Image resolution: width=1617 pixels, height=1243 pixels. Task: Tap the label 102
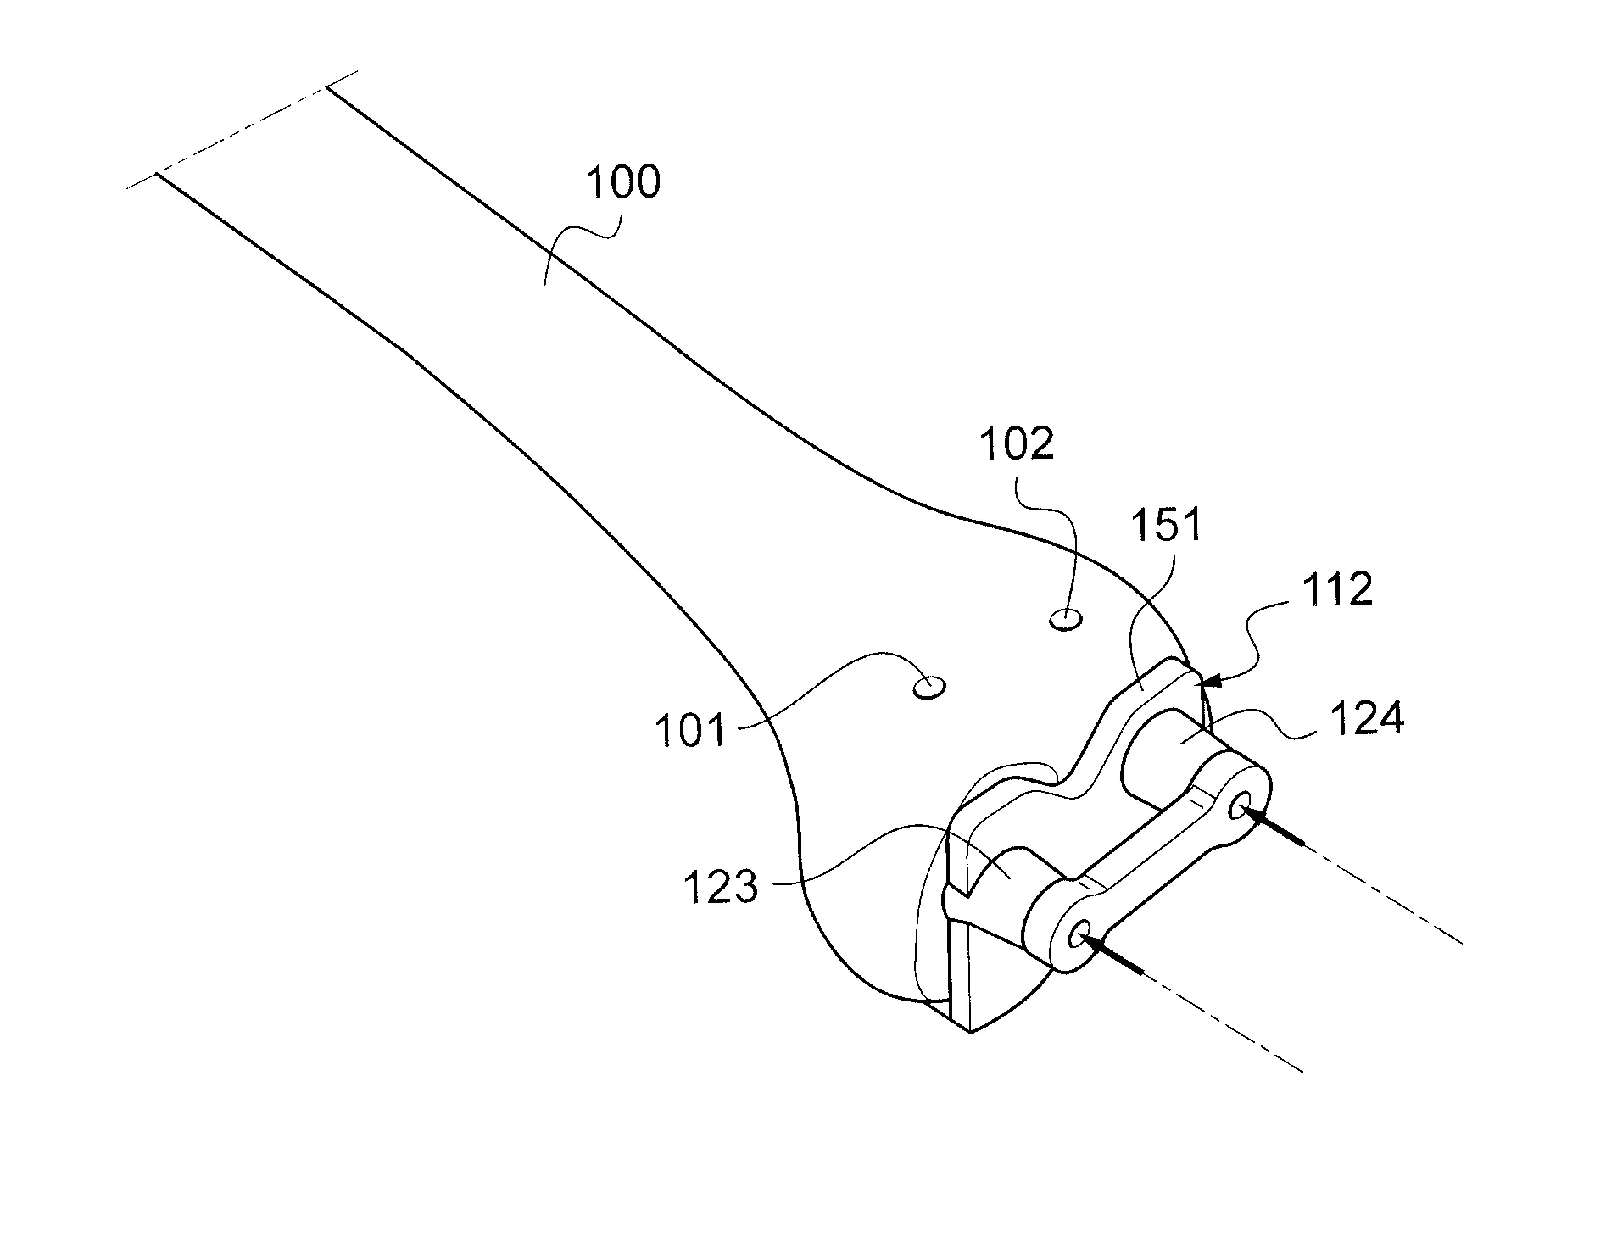tap(1017, 443)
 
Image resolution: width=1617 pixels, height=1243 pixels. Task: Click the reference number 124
tap(1366, 719)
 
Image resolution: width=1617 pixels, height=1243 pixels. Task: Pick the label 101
tap(690, 730)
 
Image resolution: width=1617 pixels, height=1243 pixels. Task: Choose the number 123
tap(720, 888)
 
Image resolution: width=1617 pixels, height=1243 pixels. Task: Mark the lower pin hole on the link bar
tap(1081, 935)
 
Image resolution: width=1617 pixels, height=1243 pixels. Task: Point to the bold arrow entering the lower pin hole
tap(1112, 953)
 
